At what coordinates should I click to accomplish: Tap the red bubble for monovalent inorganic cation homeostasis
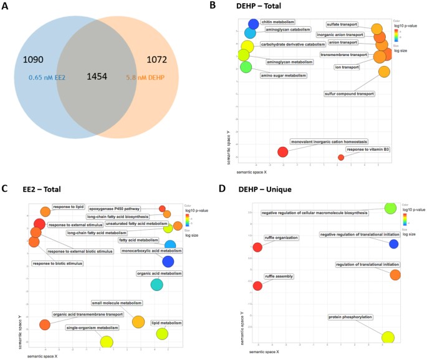[282, 152]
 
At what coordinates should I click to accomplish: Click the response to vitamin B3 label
[368, 149]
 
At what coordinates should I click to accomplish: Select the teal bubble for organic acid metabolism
[156, 285]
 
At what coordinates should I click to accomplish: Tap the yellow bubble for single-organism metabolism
[107, 341]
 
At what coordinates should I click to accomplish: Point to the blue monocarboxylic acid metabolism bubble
[168, 262]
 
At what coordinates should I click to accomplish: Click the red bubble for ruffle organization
[257, 247]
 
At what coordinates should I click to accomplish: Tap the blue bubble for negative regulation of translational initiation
[393, 244]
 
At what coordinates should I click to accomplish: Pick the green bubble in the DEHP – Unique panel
[390, 207]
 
